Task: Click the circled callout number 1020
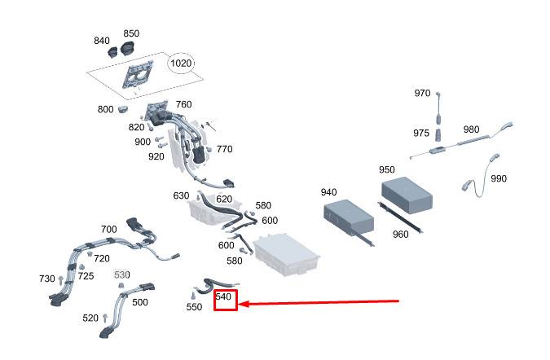pos(181,63)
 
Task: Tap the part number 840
pos(102,41)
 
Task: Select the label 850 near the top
pos(131,33)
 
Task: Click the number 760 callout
pos(183,104)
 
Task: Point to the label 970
pos(422,93)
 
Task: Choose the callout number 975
pos(421,133)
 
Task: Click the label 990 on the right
pos(499,178)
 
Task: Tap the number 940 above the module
pos(328,192)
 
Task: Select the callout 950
pos(387,169)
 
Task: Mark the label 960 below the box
pos(400,235)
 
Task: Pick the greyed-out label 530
pos(121,275)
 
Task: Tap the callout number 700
pos(108,229)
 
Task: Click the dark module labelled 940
pos(349,217)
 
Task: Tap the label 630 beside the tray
pos(181,196)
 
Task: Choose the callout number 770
pos(224,149)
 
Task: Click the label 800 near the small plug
pos(105,109)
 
